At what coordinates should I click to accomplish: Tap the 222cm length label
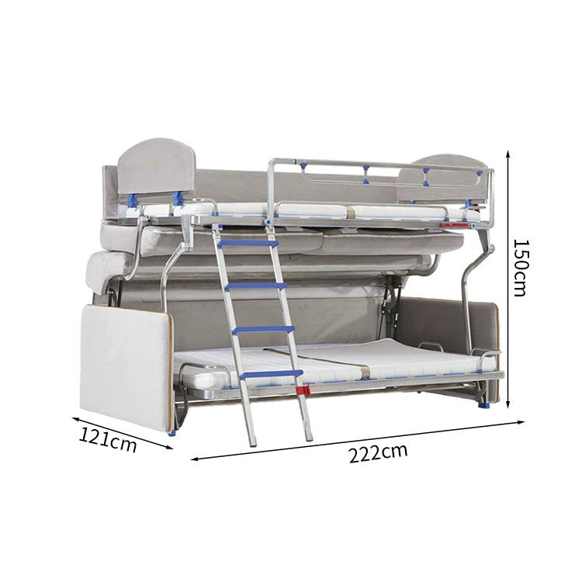click(x=378, y=453)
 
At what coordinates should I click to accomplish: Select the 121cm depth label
click(x=108, y=439)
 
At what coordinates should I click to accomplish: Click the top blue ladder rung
click(x=248, y=244)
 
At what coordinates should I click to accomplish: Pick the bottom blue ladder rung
click(x=272, y=374)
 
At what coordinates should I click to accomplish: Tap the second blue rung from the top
click(x=256, y=286)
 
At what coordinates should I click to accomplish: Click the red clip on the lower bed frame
click(x=303, y=390)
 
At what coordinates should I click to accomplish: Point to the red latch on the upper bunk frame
click(x=455, y=224)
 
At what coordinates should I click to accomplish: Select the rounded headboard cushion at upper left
click(x=157, y=166)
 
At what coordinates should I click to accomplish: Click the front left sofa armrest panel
click(x=126, y=367)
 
